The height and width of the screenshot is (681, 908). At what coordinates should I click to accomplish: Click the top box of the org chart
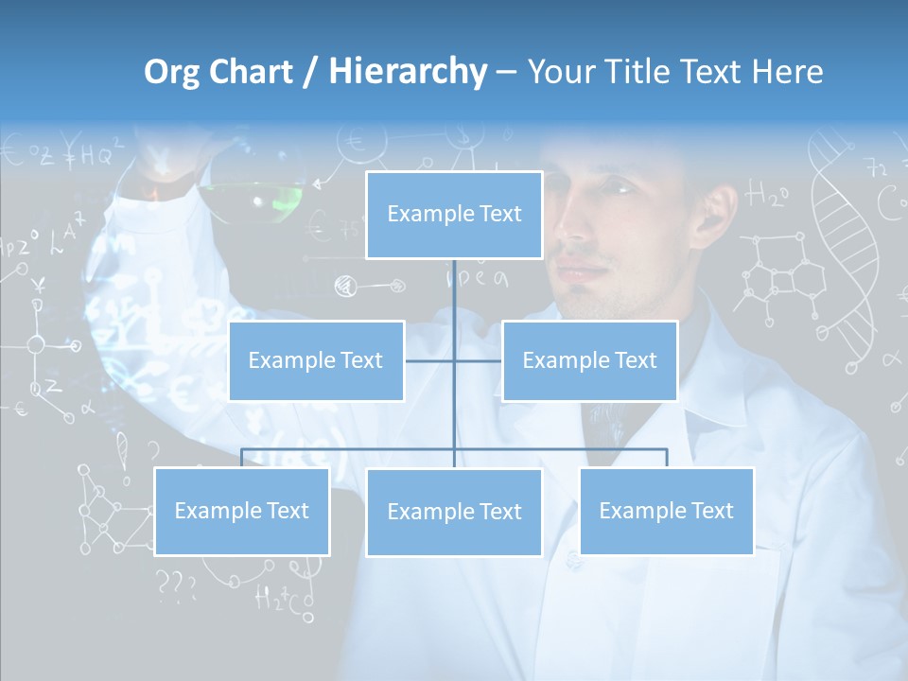point(454,215)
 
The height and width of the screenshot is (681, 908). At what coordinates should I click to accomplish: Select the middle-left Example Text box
point(316,360)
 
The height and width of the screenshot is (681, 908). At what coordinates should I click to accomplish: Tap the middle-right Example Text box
point(589,360)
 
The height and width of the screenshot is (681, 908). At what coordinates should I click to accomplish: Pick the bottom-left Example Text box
point(241,511)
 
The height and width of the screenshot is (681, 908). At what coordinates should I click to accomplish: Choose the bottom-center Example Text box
point(454,513)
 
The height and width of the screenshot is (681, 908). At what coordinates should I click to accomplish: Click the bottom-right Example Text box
point(666,511)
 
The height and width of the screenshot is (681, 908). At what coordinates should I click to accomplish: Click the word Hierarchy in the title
point(407,72)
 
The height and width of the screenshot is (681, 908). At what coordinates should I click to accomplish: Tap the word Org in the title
point(170,72)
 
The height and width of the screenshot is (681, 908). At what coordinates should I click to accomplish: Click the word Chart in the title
point(251,72)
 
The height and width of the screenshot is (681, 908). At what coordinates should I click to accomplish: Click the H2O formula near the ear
point(767,196)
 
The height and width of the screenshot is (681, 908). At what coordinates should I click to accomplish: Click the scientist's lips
point(582,271)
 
